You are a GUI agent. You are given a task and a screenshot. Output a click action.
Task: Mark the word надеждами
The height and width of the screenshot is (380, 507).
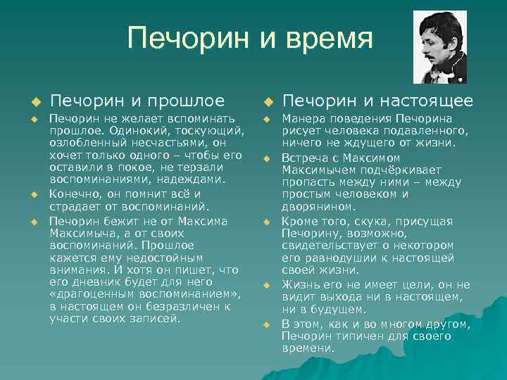click(x=193, y=179)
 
